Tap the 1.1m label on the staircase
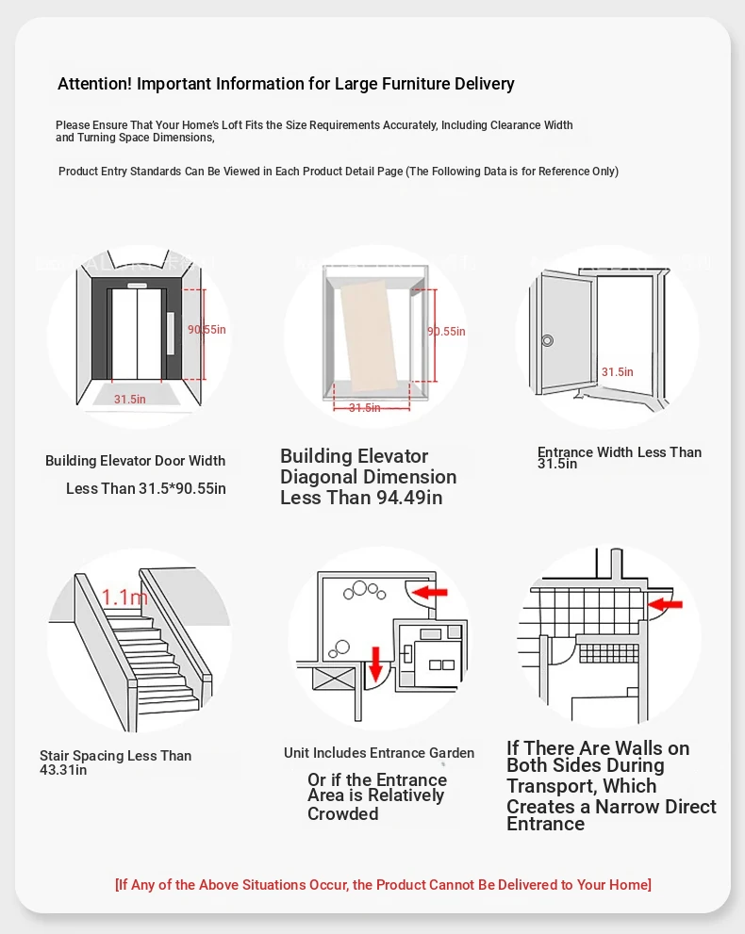click(x=124, y=597)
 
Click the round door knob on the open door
click(x=547, y=340)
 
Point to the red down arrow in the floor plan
click(x=375, y=663)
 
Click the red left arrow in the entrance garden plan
click(x=432, y=592)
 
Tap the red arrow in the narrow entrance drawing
click(x=666, y=602)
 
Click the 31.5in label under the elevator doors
click(x=130, y=400)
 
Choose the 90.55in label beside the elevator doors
click(x=207, y=330)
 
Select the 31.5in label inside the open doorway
click(x=618, y=372)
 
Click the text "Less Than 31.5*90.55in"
click(x=146, y=489)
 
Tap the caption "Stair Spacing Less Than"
click(x=115, y=756)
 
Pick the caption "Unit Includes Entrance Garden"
click(x=379, y=753)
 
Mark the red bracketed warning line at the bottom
click(x=383, y=884)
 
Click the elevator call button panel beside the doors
click(x=171, y=332)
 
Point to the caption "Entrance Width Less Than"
click(x=620, y=452)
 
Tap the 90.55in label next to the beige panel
click(x=446, y=332)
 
